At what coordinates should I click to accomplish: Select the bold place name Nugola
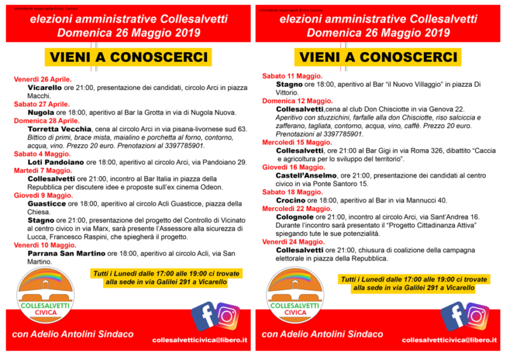(x=41, y=112)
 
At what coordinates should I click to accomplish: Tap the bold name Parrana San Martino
(x=66, y=253)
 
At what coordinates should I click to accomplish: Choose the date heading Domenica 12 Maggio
(x=297, y=101)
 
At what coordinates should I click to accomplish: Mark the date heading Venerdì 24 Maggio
(x=293, y=241)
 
